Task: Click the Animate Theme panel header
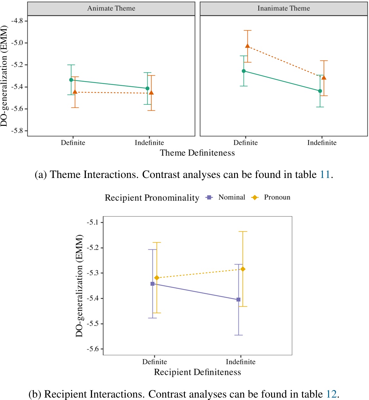coord(111,9)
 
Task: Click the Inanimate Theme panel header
coord(283,9)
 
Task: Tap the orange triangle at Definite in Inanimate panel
coord(248,46)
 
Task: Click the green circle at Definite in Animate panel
coord(71,80)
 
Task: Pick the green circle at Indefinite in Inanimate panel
coord(320,91)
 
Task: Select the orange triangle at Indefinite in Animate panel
coord(151,93)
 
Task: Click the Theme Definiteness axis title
coord(197,153)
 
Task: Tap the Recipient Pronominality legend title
coord(152,198)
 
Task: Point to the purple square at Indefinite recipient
coord(239,300)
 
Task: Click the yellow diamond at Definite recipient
coord(157,278)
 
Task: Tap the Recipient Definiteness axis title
coord(197,372)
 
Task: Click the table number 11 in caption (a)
coord(325,175)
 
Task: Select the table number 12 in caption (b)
coord(331,394)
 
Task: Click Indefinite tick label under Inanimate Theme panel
coord(322,143)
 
